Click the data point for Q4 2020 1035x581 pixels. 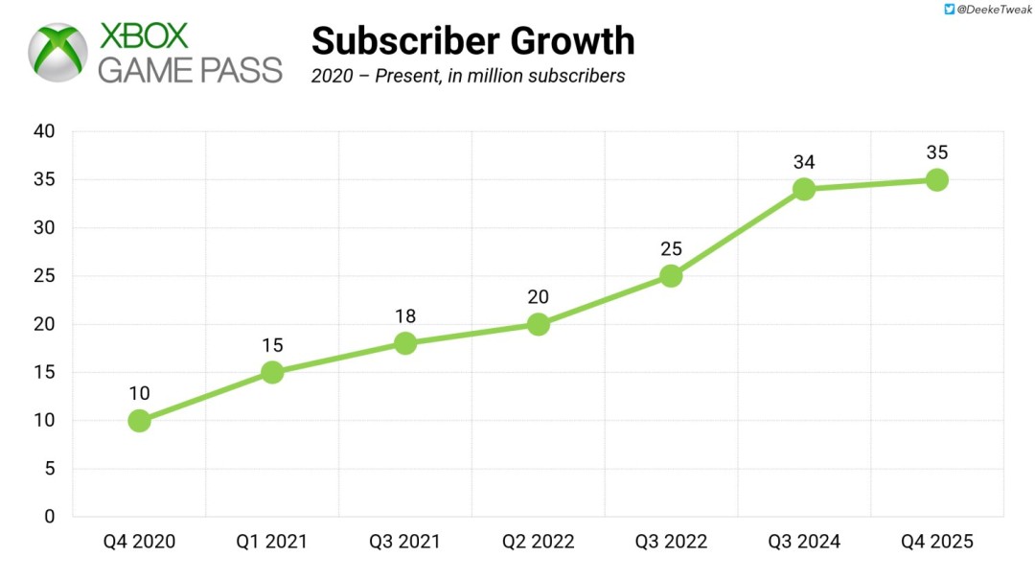click(x=139, y=421)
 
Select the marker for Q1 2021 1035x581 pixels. click(x=272, y=372)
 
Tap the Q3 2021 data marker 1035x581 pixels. click(x=405, y=343)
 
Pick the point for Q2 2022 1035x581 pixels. click(x=539, y=324)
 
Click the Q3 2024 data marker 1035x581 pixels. click(x=804, y=189)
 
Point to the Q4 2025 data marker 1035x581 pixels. click(x=937, y=179)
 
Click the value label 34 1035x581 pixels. click(x=804, y=162)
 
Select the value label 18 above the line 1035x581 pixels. click(x=405, y=316)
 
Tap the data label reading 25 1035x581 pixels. click(x=671, y=249)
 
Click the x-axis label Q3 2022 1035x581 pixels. click(x=671, y=542)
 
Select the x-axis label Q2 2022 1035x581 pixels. click(x=539, y=542)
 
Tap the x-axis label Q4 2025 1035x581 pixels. click(x=937, y=542)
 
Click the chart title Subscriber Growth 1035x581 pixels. click(x=472, y=41)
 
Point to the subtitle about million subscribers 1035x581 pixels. click(x=468, y=76)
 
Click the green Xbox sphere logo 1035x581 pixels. click(x=59, y=53)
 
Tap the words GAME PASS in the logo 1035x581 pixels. click(x=191, y=70)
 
